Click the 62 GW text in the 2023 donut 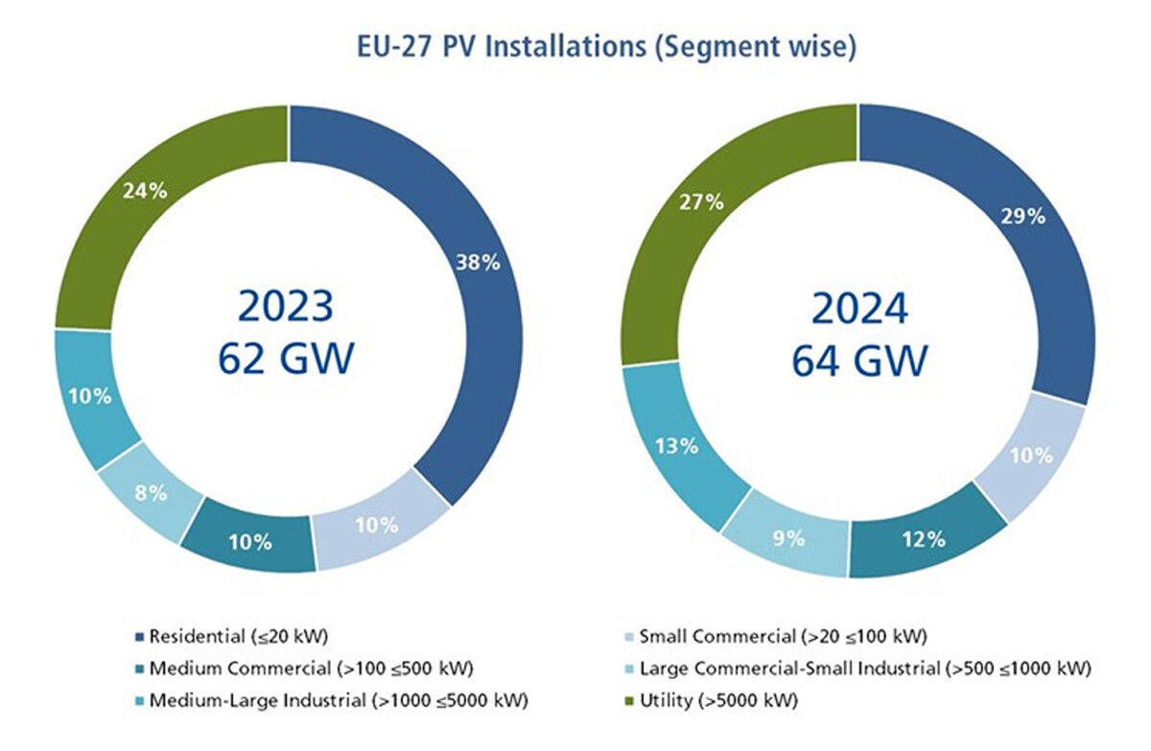(286, 360)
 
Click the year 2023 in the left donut (286, 308)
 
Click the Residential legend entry (240, 635)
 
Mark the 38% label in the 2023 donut (477, 262)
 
